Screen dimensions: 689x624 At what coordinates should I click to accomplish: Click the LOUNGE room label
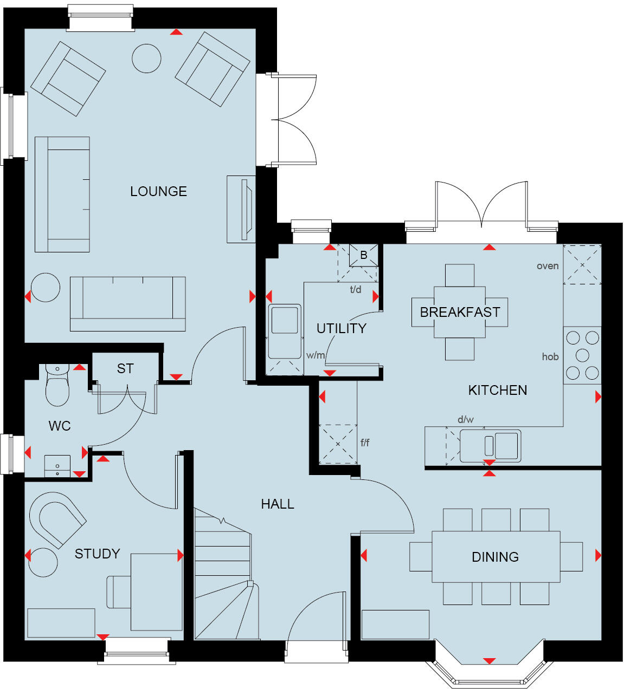click(x=158, y=191)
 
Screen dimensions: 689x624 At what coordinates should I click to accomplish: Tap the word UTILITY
click(x=341, y=328)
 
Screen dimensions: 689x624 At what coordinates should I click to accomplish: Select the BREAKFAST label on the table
click(x=460, y=312)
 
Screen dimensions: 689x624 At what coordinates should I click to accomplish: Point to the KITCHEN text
click(x=497, y=390)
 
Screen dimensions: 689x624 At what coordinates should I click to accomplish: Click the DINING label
click(x=495, y=557)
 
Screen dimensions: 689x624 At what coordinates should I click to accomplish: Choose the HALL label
click(x=278, y=504)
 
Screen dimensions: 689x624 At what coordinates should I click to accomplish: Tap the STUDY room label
click(x=97, y=554)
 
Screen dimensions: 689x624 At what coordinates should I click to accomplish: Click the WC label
click(x=60, y=426)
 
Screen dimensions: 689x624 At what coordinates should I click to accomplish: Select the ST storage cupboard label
click(x=125, y=369)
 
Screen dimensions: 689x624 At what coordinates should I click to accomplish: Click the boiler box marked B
click(x=363, y=255)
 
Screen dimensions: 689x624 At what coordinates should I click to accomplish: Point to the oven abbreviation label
click(x=548, y=266)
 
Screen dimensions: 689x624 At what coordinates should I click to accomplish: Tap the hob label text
click(x=550, y=356)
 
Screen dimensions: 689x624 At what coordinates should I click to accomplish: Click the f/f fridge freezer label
click(x=365, y=443)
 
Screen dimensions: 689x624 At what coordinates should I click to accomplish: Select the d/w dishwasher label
click(x=465, y=419)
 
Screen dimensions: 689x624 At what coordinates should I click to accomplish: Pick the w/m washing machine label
click(x=316, y=355)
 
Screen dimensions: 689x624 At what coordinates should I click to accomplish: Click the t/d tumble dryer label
click(x=356, y=289)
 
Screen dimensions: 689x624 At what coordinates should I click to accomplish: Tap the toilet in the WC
click(x=57, y=387)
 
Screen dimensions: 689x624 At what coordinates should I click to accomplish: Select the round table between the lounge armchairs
click(x=146, y=58)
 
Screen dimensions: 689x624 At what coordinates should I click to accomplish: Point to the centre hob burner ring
click(x=582, y=355)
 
